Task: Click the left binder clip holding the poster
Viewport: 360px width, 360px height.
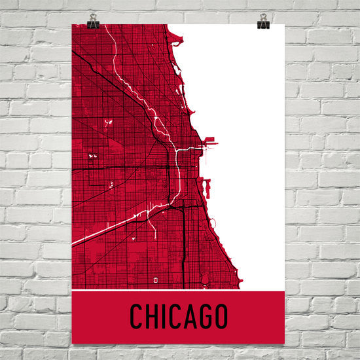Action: point(93,22)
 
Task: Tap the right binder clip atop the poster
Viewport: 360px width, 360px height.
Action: point(263,22)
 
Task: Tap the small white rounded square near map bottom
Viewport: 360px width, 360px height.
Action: point(156,279)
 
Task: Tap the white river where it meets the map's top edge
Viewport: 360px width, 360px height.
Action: point(109,26)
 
